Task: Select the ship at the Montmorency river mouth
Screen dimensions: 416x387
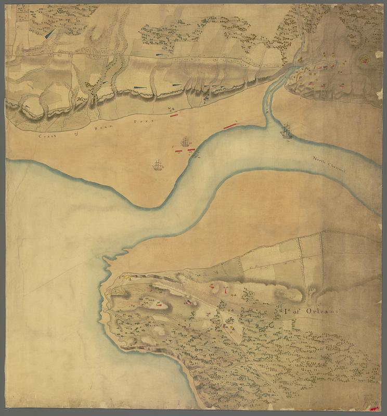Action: pyautogui.click(x=286, y=131)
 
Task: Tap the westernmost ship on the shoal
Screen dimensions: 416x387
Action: pyautogui.click(x=158, y=165)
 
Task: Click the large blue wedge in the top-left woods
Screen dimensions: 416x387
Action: pyautogui.click(x=49, y=34)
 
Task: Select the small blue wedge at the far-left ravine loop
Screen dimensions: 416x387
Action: pyautogui.click(x=26, y=107)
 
